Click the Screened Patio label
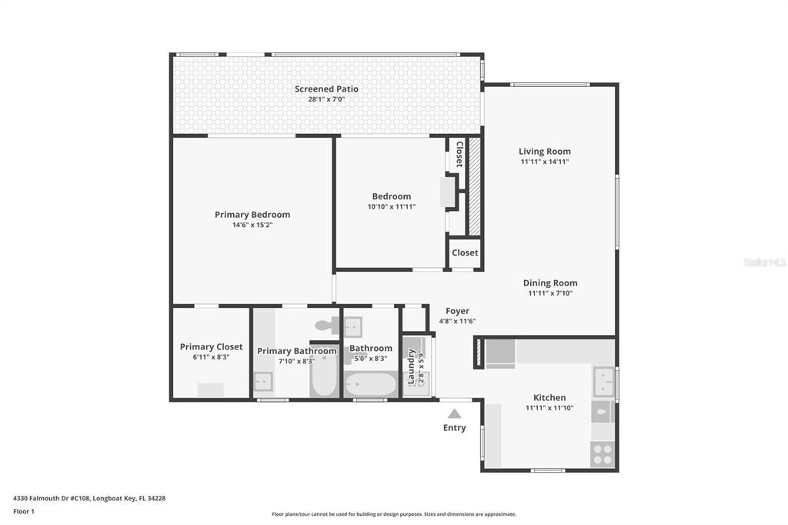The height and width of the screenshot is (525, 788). pos(326,89)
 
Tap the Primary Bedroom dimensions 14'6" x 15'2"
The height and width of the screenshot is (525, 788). pos(252,225)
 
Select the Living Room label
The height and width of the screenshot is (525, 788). pos(545,152)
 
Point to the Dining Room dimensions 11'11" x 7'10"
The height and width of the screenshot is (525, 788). pos(550,293)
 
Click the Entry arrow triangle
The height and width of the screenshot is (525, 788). pos(454,414)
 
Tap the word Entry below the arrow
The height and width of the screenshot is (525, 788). pos(454,428)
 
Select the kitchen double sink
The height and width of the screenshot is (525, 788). pos(603,382)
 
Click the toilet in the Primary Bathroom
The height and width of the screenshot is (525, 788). pos(328,325)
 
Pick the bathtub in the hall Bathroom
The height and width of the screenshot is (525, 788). pos(372,385)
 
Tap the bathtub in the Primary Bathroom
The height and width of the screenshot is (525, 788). pos(323,376)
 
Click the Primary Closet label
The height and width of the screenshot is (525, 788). pos(211,347)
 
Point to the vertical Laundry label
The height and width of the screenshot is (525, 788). pos(411,366)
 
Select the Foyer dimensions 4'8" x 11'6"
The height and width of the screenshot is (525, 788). pos(457,321)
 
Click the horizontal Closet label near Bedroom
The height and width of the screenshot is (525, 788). pos(465,252)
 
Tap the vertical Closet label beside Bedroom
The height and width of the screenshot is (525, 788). pos(459,155)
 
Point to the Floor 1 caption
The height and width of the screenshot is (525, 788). pos(24,511)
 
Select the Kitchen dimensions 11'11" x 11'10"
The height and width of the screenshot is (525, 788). pos(549,408)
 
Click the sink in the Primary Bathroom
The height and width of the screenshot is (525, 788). pos(263,382)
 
